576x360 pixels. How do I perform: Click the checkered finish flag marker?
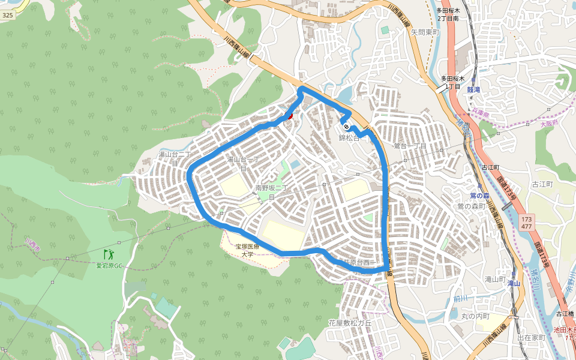tap(346, 126)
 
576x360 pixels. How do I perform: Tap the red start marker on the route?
tap(290, 115)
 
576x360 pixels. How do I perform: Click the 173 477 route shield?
tap(526, 223)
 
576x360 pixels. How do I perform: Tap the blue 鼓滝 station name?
tap(473, 89)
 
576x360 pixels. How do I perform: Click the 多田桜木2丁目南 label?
tap(448, 14)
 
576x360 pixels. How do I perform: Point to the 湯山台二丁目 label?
tap(174, 158)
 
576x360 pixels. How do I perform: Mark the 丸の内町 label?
tap(476, 316)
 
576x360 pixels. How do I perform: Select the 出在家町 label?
tap(531, 338)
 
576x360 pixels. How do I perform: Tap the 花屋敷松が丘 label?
tap(350, 323)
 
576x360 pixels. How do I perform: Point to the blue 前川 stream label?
tap(460, 298)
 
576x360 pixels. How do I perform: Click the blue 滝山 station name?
tap(513, 283)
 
